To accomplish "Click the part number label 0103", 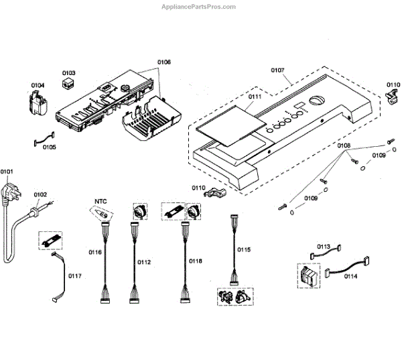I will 69,72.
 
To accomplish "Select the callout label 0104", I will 38,85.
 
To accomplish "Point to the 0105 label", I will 50,147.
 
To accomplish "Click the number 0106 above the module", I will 164,62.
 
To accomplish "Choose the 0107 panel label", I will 278,69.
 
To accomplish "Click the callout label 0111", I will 255,97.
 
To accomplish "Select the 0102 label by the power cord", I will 40,195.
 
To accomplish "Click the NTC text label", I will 100,200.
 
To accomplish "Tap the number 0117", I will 75,275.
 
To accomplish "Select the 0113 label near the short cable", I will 324,246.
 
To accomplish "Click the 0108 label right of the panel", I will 344,145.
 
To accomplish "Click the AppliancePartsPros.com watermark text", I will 198,7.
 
